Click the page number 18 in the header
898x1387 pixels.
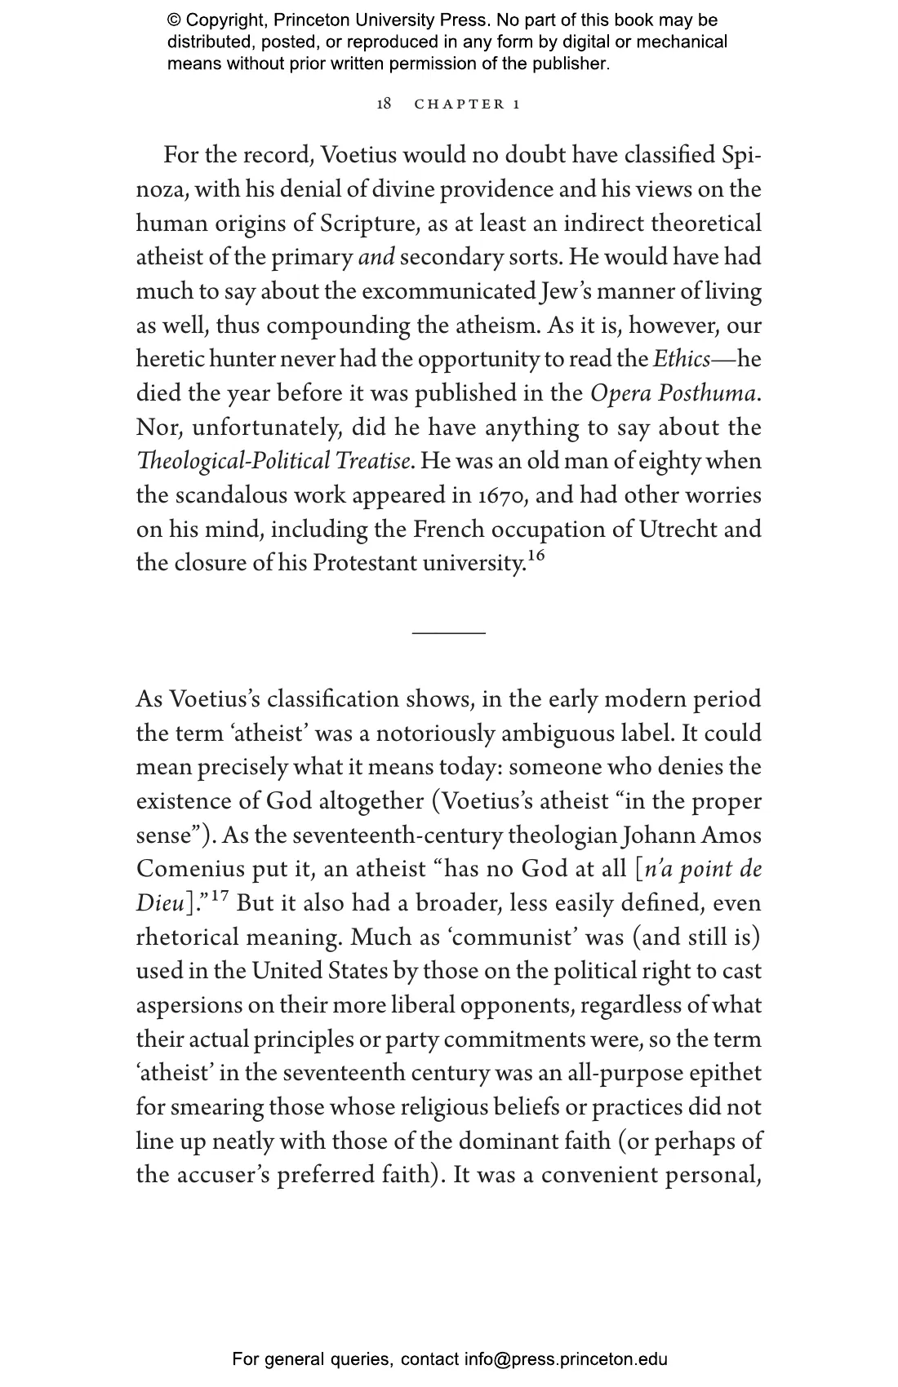[x=384, y=104]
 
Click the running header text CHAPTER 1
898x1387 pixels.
[x=467, y=104]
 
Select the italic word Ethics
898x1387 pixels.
[x=682, y=359]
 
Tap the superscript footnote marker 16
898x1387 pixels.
[x=536, y=556]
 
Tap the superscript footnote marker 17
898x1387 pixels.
[x=220, y=896]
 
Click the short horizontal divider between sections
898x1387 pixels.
[x=449, y=632]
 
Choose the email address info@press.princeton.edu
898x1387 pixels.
[x=566, y=1359]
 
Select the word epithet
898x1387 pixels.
[x=725, y=1074]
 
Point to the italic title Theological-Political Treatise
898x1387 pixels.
[x=273, y=462]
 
